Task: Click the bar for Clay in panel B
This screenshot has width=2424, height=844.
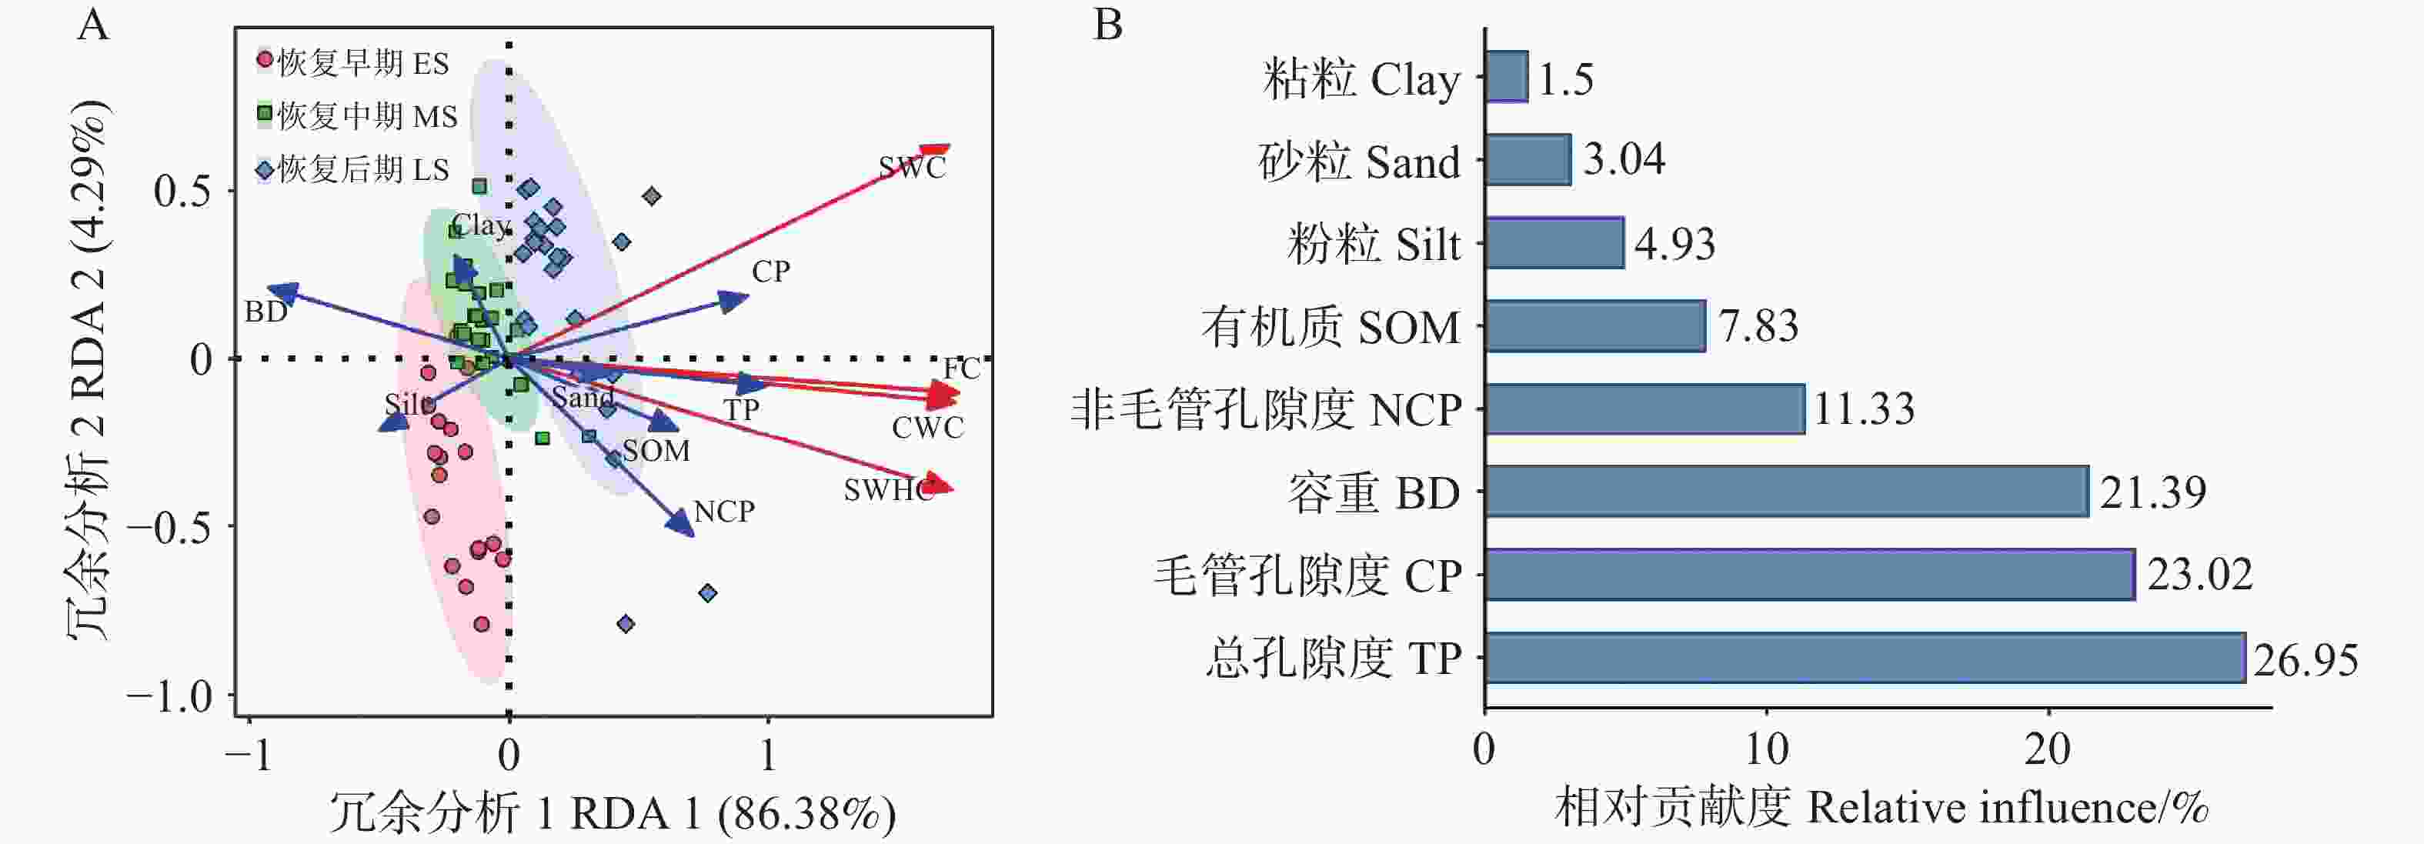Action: point(1506,77)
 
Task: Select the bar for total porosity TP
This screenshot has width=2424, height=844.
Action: point(1863,658)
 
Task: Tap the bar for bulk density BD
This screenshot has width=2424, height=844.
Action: point(1785,491)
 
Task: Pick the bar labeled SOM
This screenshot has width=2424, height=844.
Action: point(1595,326)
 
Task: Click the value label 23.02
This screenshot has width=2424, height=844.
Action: point(2199,574)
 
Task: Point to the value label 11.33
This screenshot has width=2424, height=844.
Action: point(1863,409)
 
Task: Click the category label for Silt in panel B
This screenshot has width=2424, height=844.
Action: point(1373,245)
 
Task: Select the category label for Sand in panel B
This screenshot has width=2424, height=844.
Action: point(1359,162)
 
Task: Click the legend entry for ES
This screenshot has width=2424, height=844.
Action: point(353,63)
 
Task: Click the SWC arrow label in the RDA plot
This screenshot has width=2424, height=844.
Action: point(912,168)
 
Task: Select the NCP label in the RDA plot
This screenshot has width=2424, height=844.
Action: point(723,511)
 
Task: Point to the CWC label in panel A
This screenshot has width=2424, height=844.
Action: point(927,427)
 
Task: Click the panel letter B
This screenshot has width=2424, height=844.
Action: point(1107,25)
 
